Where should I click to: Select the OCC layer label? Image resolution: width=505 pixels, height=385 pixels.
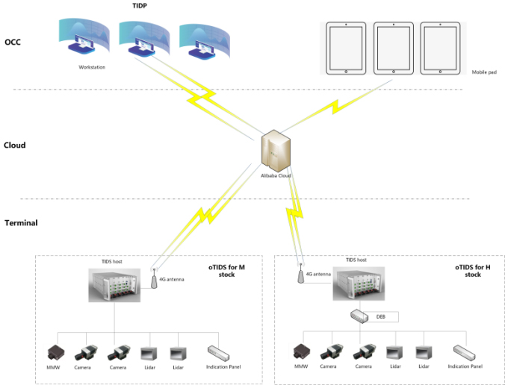[x=13, y=42]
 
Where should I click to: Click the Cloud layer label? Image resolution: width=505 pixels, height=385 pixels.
[x=15, y=145]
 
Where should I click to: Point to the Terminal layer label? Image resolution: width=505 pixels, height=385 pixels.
[x=20, y=222]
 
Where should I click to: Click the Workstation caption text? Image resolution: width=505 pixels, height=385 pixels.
[x=92, y=67]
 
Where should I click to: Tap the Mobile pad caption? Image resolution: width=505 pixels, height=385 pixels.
[x=484, y=72]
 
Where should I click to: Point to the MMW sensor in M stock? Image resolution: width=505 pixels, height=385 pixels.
[x=56, y=352]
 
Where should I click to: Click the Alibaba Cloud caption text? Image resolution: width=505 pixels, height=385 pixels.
[x=276, y=176]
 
